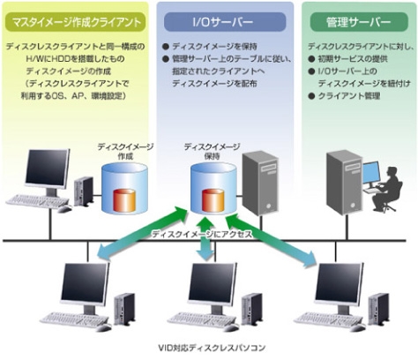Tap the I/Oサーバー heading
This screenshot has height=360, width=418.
tap(209, 18)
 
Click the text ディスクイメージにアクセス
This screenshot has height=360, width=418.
tap(202, 236)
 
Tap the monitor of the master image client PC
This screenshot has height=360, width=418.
tap(47, 170)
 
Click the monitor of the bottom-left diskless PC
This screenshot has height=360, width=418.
tap(84, 284)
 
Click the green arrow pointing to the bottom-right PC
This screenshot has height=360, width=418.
tap(295, 248)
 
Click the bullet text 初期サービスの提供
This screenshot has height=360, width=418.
tap(354, 55)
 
